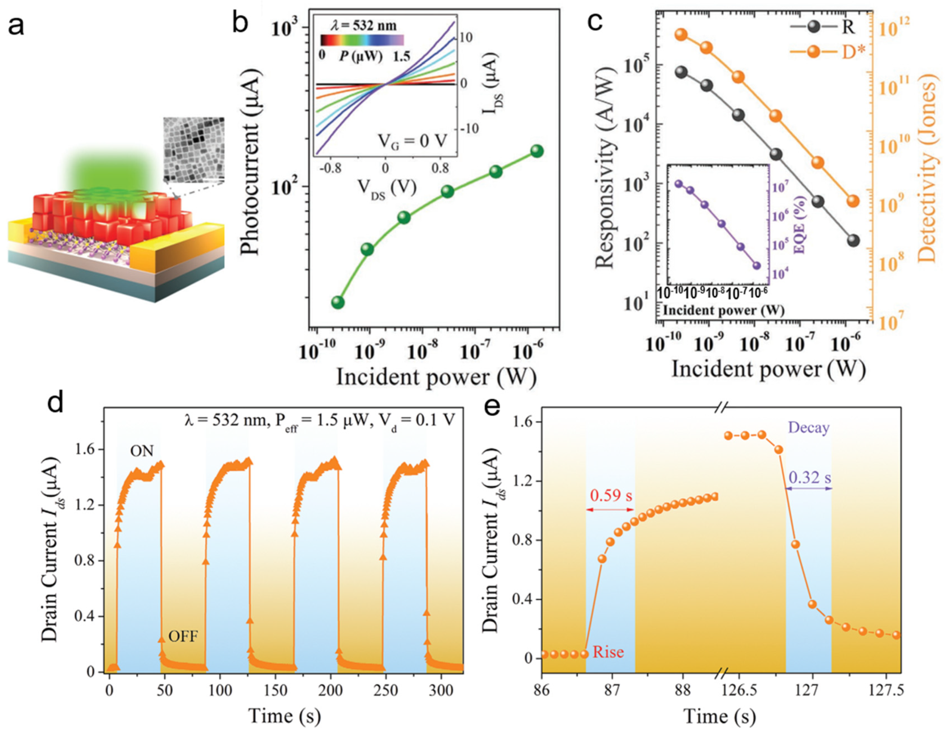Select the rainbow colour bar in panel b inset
(362, 40)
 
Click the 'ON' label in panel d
(142, 451)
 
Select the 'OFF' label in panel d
(183, 637)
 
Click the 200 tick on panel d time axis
(330, 690)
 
